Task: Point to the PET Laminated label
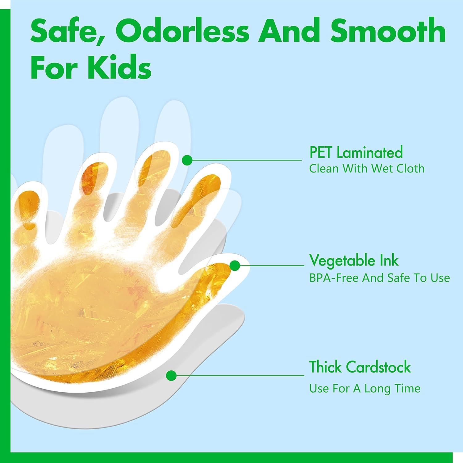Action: pyautogui.click(x=356, y=152)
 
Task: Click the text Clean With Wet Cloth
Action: pyautogui.click(x=367, y=169)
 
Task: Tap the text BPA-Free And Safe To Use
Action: pyautogui.click(x=380, y=278)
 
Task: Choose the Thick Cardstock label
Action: pyautogui.click(x=360, y=367)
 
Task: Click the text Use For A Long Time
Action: pyautogui.click(x=365, y=388)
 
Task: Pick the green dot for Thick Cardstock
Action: pyautogui.click(x=171, y=376)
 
